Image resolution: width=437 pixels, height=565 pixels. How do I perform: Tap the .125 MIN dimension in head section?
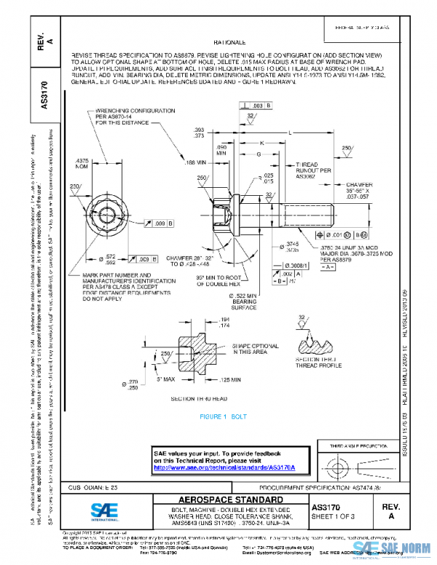tap(230, 379)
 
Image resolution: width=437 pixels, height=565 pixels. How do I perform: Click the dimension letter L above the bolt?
tap(290, 133)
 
